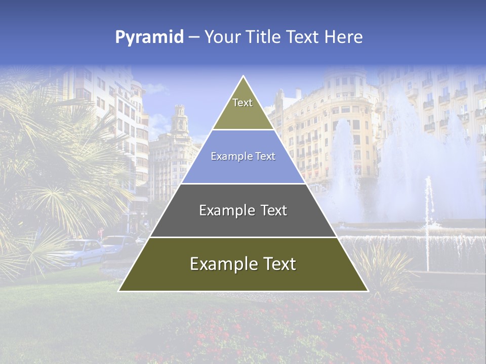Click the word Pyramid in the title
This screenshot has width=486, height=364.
tap(149, 37)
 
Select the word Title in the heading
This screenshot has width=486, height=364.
tap(263, 37)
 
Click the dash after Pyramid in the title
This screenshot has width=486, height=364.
tap(193, 37)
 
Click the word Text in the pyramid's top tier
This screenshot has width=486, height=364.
tap(242, 103)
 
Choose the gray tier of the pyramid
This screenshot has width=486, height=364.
tap(243, 222)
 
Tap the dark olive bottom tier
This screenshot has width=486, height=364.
tap(243, 278)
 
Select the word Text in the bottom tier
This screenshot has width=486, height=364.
tap(276, 264)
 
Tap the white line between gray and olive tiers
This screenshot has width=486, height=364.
tap(243, 237)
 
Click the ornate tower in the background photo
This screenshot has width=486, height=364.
tap(179, 121)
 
